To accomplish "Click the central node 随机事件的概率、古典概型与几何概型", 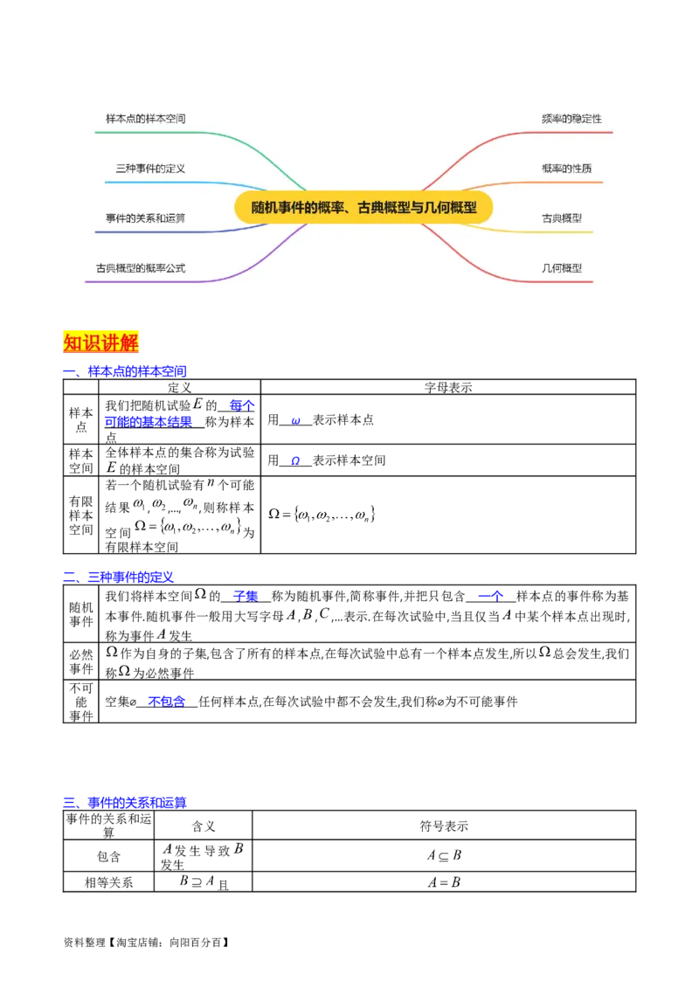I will coord(363,208).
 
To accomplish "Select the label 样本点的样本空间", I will coord(145,118).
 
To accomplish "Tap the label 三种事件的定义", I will coord(150,168).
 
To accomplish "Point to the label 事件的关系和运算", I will coord(145,218).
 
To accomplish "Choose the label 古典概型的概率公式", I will coord(141,268).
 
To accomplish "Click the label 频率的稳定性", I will coord(571,118).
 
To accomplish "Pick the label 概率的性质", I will coord(566,168).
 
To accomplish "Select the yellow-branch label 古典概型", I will coord(562,218).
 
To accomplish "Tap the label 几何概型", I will coord(562,268).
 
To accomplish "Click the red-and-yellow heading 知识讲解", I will coord(101,342).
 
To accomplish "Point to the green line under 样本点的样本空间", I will coord(157,133).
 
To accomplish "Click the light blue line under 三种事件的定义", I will coord(157,183).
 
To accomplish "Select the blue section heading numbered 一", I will coord(126,371).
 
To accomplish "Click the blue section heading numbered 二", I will coord(119,576).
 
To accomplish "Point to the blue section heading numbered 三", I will coord(126,802).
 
